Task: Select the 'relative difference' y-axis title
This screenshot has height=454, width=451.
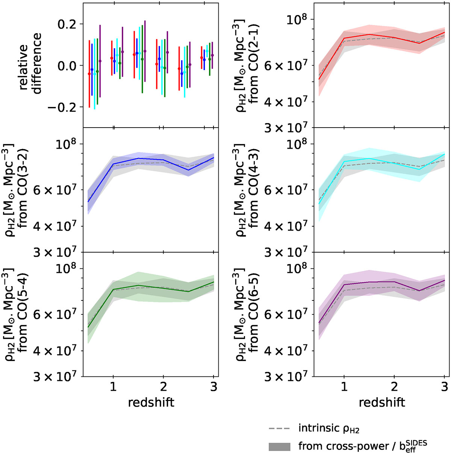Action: pos(29,66)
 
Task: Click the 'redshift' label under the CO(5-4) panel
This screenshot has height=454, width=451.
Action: pos(151,402)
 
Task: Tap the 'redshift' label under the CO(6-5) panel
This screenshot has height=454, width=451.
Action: pos(382,402)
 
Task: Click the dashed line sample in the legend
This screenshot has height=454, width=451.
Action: pos(279,429)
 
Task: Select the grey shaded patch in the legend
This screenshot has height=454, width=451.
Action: pos(279,446)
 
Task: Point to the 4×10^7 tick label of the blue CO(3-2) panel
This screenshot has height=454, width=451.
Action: pos(55,227)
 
